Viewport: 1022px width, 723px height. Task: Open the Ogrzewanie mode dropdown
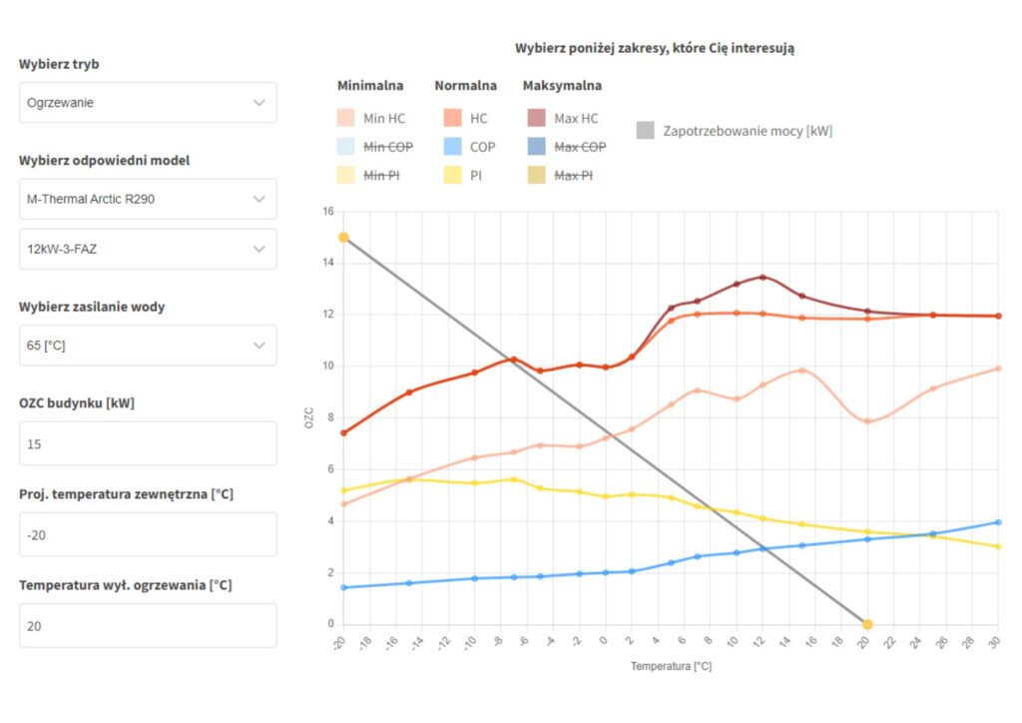(x=148, y=102)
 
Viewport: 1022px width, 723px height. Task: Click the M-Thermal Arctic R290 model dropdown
(x=148, y=199)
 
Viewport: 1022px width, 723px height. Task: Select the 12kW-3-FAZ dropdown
(x=148, y=249)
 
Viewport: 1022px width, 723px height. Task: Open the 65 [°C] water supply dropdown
(x=148, y=346)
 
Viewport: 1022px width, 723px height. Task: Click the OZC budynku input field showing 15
(x=148, y=443)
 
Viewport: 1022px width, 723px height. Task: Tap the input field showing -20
(x=148, y=534)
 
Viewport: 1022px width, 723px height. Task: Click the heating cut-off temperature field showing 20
(x=148, y=625)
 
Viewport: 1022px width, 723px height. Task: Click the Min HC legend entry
(x=371, y=119)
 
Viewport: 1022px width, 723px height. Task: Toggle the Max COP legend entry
(x=566, y=147)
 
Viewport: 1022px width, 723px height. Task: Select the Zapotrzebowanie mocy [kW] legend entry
(x=735, y=131)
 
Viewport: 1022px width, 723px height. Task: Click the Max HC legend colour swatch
(x=536, y=119)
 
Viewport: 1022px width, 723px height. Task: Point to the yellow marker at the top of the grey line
(x=343, y=238)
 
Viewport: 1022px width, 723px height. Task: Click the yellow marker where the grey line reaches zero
(x=867, y=624)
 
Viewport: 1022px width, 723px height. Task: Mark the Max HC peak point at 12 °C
(x=763, y=277)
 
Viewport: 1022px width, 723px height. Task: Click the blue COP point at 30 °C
(x=998, y=522)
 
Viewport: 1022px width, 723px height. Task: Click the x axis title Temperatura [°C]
(x=671, y=666)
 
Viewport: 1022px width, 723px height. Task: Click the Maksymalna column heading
(x=562, y=86)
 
